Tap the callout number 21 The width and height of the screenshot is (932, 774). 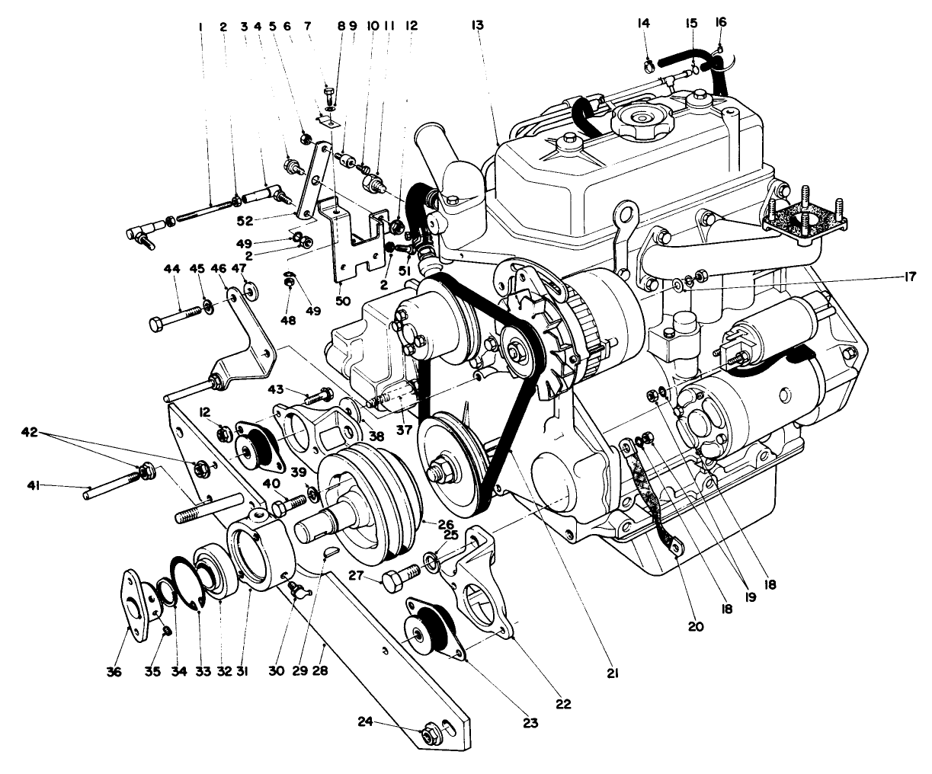coord(613,673)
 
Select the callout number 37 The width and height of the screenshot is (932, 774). coord(403,430)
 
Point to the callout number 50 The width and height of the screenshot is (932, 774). coord(343,301)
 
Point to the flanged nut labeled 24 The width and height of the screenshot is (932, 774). coord(428,735)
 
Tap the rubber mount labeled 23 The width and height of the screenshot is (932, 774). coord(431,629)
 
